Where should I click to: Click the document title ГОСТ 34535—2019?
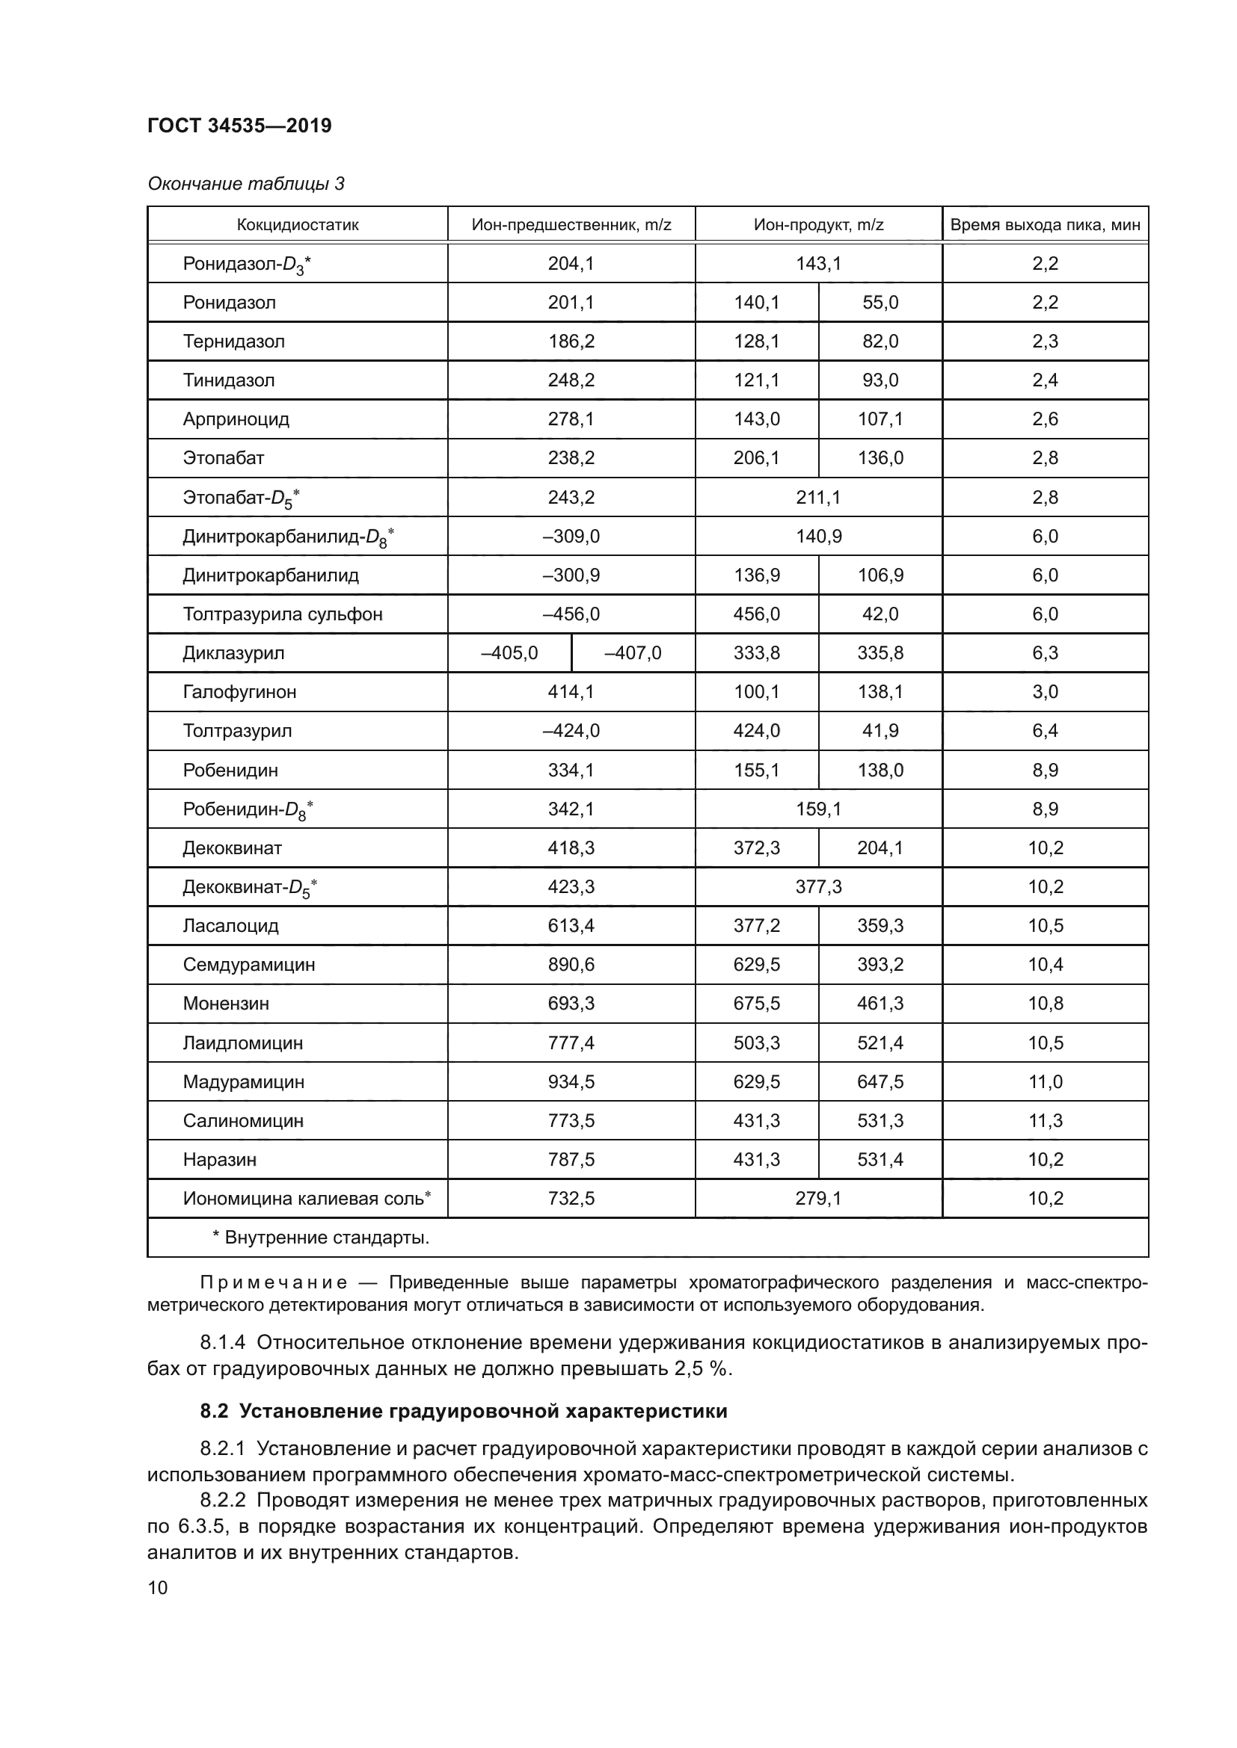239,126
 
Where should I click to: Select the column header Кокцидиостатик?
297,225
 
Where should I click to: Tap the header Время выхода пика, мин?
1045,225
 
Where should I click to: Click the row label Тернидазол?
233,341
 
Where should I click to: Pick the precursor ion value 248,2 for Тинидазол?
571,380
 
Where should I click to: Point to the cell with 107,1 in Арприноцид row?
880,419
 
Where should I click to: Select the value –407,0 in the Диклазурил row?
632,652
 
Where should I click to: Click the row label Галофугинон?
239,692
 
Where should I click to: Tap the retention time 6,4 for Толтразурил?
1045,731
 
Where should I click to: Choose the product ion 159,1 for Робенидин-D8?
818,809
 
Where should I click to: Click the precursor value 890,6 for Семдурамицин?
571,965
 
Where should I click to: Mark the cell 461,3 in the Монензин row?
880,1004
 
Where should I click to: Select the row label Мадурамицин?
243,1082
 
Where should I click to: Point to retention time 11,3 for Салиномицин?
1045,1121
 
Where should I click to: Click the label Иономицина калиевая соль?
306,1198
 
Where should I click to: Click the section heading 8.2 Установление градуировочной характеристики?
463,1411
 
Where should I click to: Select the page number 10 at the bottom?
158,1587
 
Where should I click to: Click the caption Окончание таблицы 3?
245,184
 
